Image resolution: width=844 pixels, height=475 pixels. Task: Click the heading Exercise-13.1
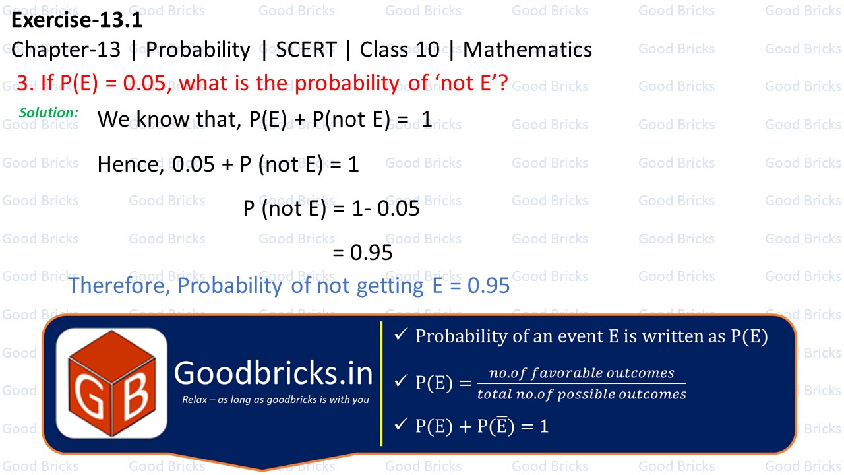coord(76,21)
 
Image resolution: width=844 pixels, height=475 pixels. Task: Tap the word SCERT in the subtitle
coord(307,50)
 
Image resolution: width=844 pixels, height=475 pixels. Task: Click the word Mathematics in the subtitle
coord(527,50)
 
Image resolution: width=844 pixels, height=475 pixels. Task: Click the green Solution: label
coord(49,113)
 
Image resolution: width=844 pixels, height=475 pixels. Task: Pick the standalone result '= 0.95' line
coord(363,253)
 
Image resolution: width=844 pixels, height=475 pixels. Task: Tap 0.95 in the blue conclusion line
coord(489,286)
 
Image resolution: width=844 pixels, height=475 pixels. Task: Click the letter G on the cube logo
coord(86,397)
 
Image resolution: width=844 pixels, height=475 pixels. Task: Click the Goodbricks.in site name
coord(273,373)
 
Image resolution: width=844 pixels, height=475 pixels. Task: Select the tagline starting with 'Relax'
coord(276,400)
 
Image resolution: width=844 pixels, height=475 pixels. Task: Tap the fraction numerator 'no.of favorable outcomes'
coord(572,373)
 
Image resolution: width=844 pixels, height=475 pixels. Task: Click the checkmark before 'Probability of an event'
coord(400,336)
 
